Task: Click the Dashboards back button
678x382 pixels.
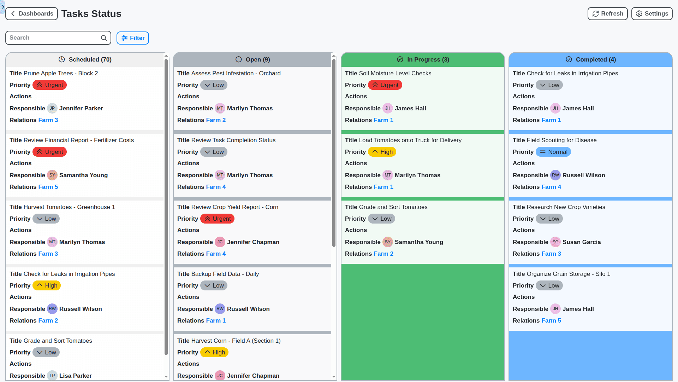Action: pyautogui.click(x=32, y=14)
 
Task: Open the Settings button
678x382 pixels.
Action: pyautogui.click(x=652, y=14)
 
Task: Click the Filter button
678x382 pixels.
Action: pyautogui.click(x=133, y=38)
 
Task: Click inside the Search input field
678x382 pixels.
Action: pyautogui.click(x=53, y=38)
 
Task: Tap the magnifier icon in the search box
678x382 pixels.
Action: pyautogui.click(x=104, y=38)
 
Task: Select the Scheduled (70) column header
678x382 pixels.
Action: pyautogui.click(x=85, y=60)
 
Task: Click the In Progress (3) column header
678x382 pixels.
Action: pyautogui.click(x=423, y=60)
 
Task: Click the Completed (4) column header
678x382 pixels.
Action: pyautogui.click(x=590, y=60)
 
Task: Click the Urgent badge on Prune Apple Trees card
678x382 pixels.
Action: pyautogui.click(x=50, y=85)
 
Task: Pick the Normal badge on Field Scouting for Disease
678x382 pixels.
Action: pyautogui.click(x=553, y=152)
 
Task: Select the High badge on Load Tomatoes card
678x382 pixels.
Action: pyautogui.click(x=382, y=152)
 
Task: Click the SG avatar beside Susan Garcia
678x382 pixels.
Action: pyautogui.click(x=555, y=242)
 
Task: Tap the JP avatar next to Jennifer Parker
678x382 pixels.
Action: pyautogui.click(x=52, y=109)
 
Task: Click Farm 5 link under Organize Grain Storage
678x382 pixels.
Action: pyautogui.click(x=551, y=321)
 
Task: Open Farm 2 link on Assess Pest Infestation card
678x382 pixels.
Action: pyautogui.click(x=216, y=120)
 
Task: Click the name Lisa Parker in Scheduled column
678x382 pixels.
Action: pyautogui.click(x=75, y=376)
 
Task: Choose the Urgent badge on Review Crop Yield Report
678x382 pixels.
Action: pyautogui.click(x=218, y=219)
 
